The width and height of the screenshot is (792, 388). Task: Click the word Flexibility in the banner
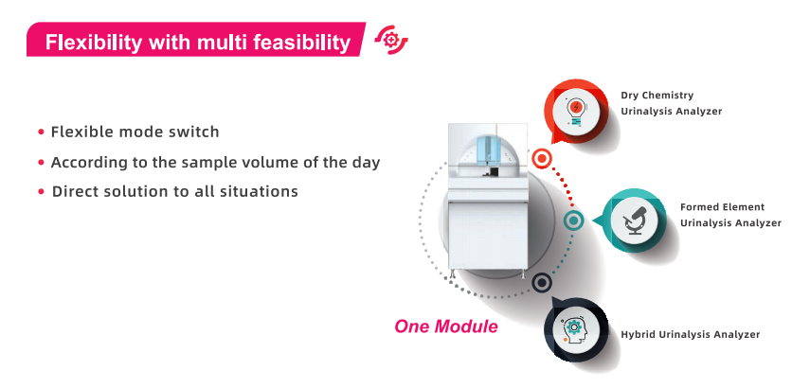point(94,43)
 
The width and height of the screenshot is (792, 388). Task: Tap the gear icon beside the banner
point(391,40)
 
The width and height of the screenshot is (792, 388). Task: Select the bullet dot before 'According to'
point(42,163)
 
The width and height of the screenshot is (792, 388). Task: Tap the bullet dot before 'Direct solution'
point(42,192)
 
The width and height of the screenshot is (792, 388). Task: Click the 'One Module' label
point(446,326)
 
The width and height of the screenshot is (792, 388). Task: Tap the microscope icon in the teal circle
point(634,220)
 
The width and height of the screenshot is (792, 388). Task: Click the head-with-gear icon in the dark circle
point(574,330)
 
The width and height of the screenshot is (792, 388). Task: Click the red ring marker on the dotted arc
point(542,159)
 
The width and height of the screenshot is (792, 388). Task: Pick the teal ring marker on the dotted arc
point(573,220)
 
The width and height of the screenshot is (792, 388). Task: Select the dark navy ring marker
point(542,283)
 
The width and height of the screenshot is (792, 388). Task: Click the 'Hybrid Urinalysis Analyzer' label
point(690,334)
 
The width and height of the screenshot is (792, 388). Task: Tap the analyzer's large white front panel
point(488,235)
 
